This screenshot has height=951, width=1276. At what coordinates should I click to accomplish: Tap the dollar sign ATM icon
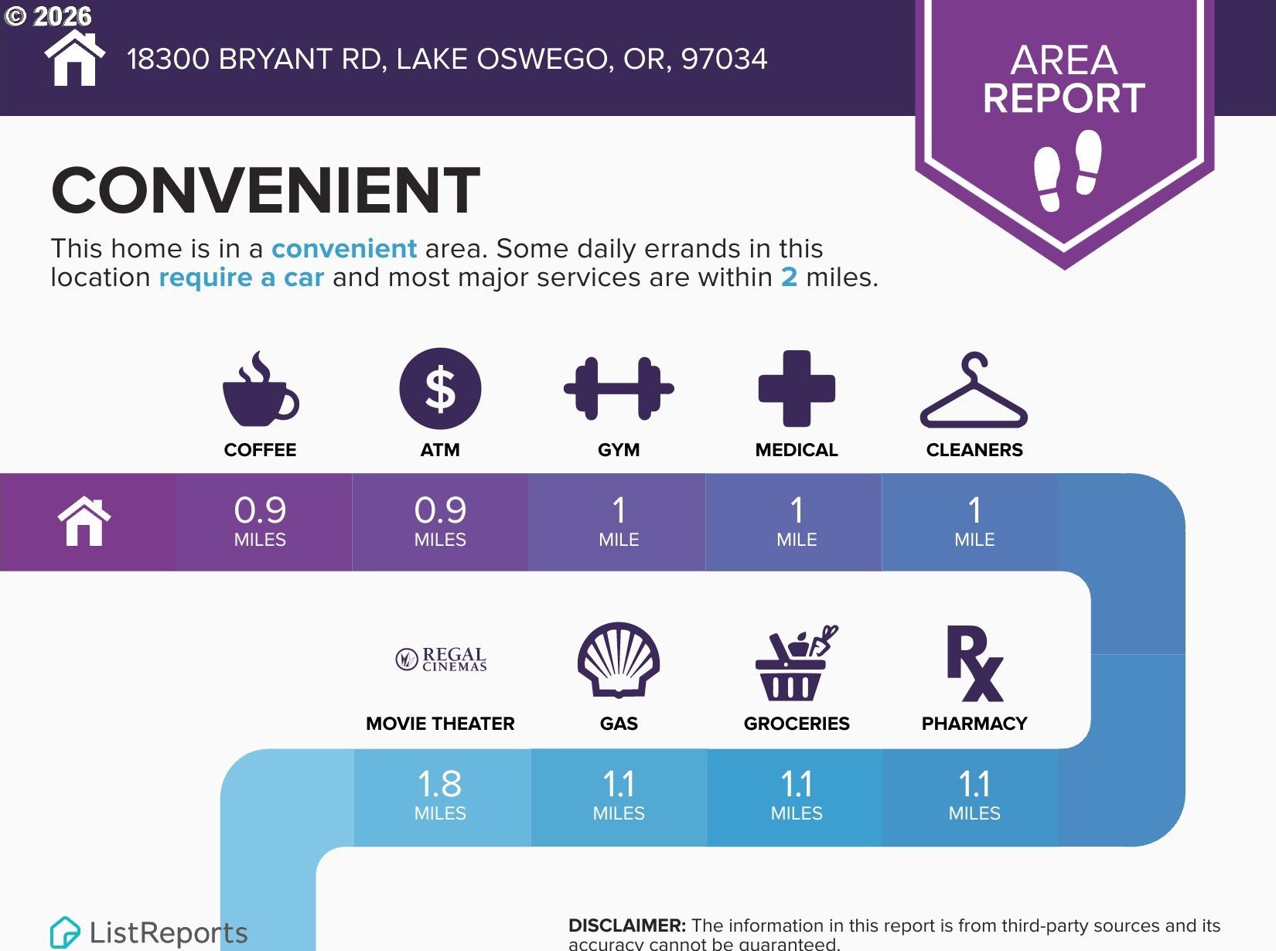pos(440,388)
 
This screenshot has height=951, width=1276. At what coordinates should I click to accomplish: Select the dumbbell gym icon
pos(619,389)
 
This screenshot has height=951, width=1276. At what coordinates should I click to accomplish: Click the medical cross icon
pos(797,389)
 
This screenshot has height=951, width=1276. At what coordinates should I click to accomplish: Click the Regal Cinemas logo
pos(441,660)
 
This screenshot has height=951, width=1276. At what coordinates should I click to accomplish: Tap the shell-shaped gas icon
pos(619,660)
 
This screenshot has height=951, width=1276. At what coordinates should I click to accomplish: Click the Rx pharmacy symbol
pos(974,663)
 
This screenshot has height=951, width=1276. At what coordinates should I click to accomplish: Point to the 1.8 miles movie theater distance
pos(440,795)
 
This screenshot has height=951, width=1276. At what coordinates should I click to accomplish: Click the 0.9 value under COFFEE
pos(260,510)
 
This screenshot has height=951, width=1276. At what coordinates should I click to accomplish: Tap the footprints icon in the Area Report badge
pos(1067,170)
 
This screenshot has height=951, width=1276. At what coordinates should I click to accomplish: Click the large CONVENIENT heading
pos(266,190)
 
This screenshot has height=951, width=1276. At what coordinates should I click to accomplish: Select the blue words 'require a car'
pos(241,277)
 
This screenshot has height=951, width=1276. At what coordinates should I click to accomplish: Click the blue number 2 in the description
pos(789,277)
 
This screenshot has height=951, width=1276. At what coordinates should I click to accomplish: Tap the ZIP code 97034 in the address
pos(724,59)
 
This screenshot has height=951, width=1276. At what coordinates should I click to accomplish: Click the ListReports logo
pos(148,932)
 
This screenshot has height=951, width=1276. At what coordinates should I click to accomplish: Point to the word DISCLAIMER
pos(627,925)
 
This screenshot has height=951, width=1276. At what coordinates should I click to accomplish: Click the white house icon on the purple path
pos(84,521)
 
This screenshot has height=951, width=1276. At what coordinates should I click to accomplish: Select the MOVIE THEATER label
pos(440,723)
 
